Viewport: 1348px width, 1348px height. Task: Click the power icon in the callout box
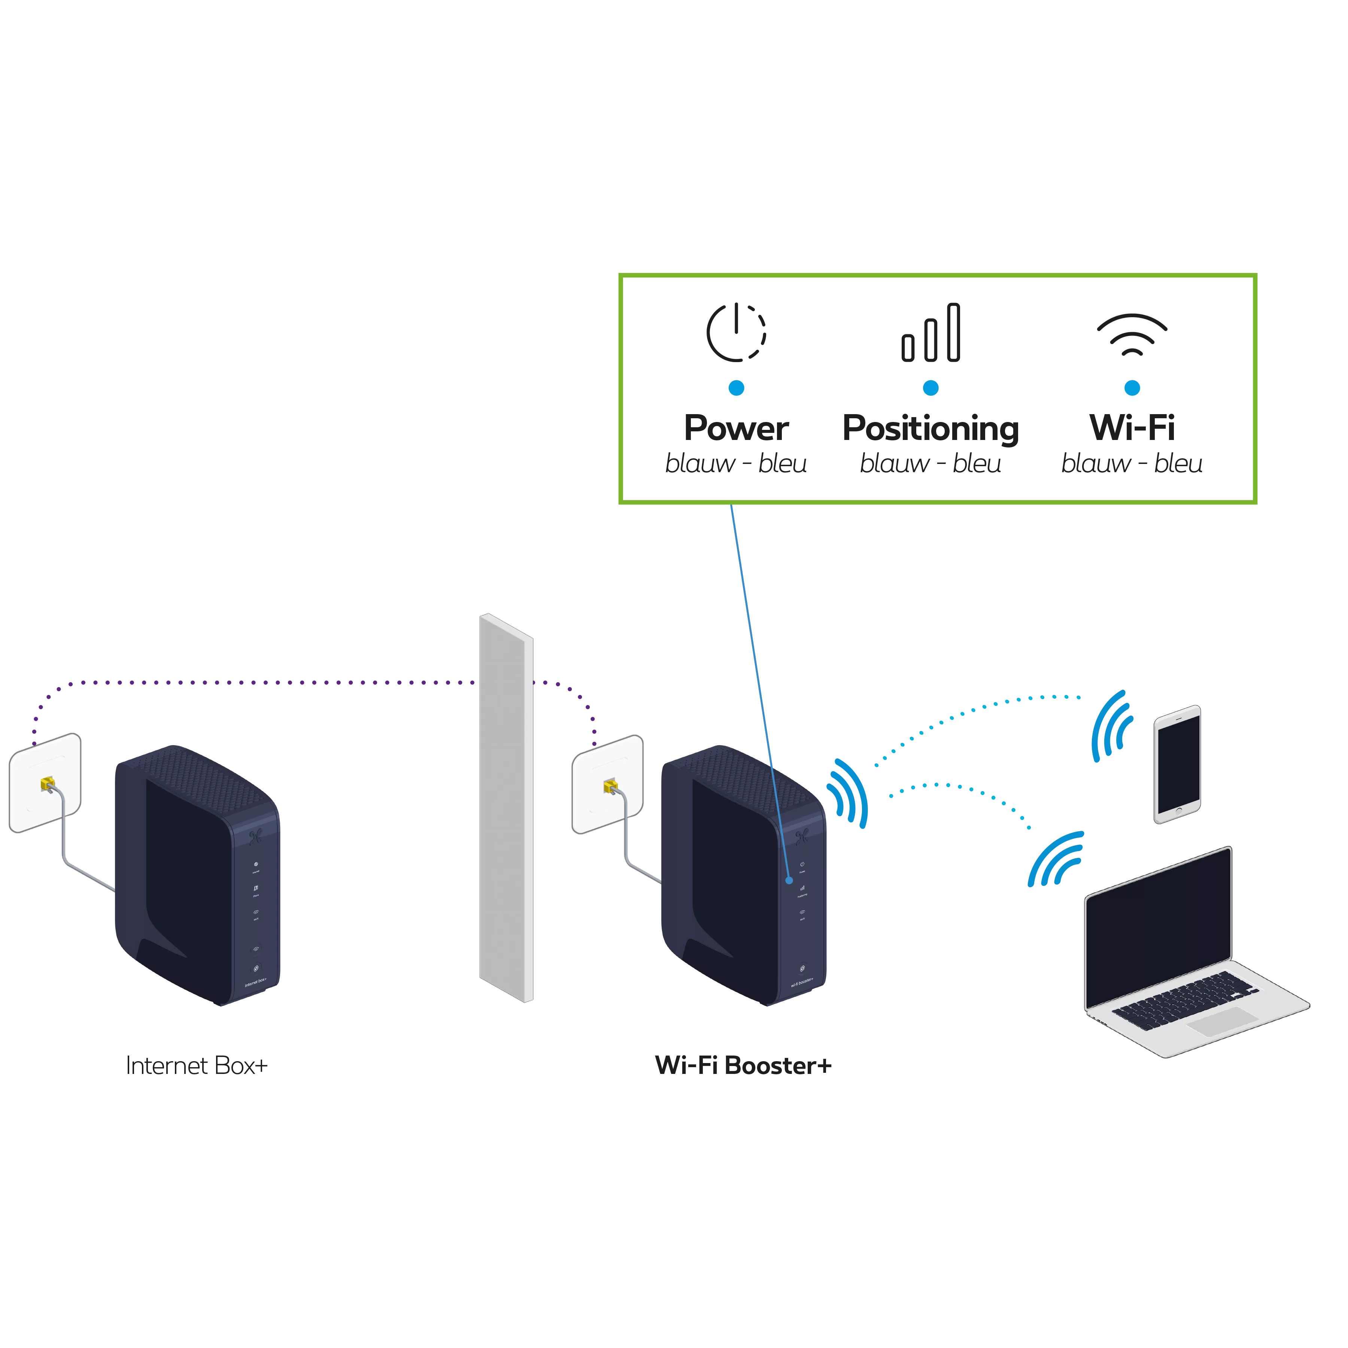[736, 333]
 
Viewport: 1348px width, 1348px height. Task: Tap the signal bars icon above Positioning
[931, 333]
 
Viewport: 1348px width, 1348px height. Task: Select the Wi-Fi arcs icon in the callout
[1132, 334]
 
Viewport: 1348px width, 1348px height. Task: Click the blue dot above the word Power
[736, 388]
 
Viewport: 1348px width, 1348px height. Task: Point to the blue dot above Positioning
[931, 388]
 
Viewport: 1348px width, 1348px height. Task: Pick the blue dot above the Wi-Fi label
[1132, 388]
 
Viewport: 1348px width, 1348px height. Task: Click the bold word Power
[736, 428]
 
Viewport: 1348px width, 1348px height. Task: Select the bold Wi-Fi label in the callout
[1132, 428]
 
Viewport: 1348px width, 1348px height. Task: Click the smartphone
[1177, 763]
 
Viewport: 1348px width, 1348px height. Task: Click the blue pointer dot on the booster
[789, 881]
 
